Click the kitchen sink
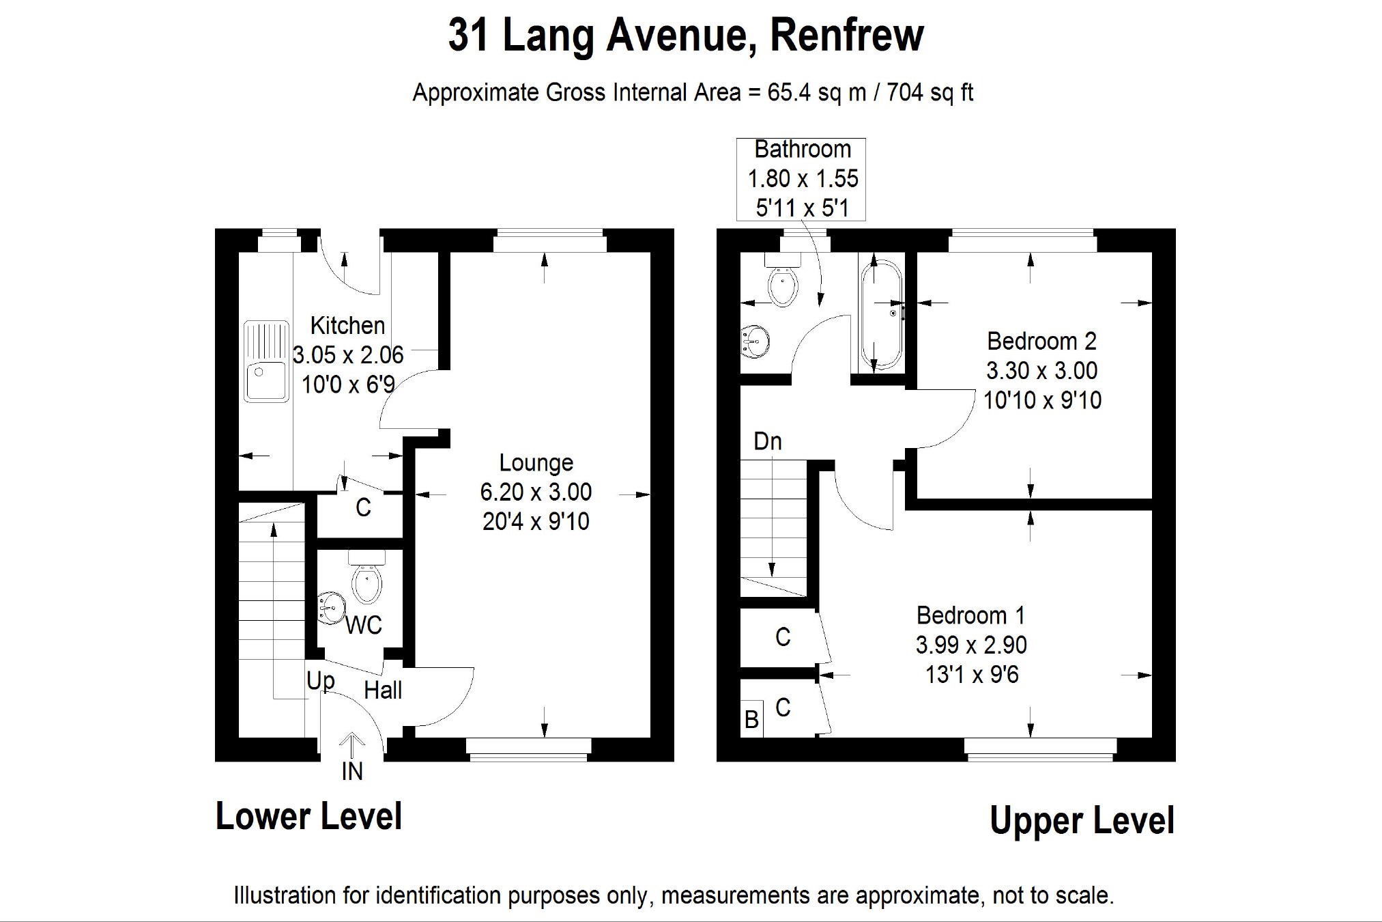[266, 361]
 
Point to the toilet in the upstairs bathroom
[783, 281]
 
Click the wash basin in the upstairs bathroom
[755, 340]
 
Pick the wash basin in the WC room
[332, 607]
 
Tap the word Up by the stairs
[320, 680]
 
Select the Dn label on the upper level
[767, 441]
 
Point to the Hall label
[383, 690]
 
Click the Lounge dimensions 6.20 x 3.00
[536, 492]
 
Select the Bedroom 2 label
[1041, 341]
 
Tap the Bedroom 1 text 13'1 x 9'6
[972, 675]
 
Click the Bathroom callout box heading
[803, 149]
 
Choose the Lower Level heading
[308, 816]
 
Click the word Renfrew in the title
[846, 36]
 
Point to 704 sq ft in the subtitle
[930, 92]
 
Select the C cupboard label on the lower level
[363, 507]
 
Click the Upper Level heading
[1082, 820]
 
